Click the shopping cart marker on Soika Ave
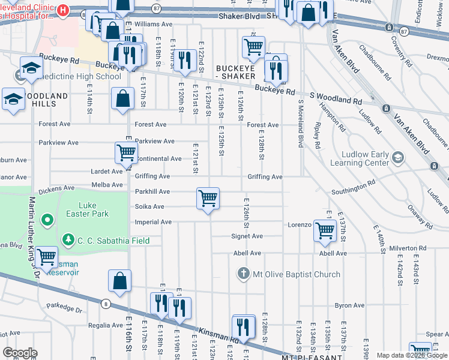[x=208, y=198]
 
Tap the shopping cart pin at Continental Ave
[x=126, y=152]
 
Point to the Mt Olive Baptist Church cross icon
[x=243, y=274]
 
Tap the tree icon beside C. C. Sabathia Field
[x=69, y=241]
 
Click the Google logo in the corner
[x=20, y=353]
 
